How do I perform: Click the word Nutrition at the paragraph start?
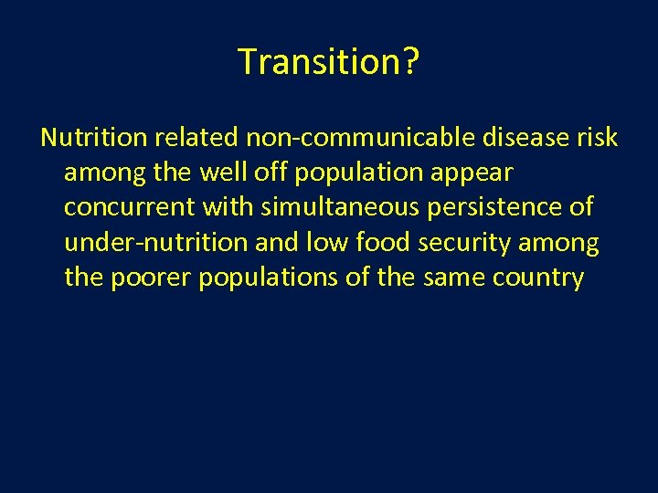pos(93,138)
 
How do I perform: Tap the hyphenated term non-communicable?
pos(358,138)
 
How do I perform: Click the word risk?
pos(595,138)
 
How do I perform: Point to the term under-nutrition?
pos(155,242)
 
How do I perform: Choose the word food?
pos(375,242)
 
